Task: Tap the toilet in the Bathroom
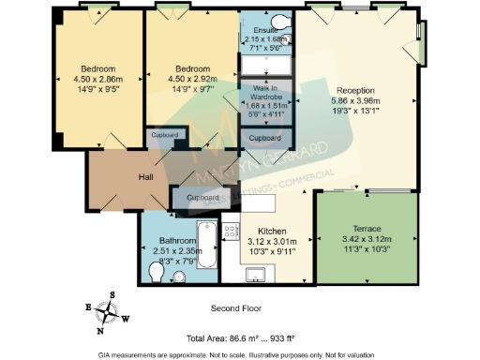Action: tap(157, 272)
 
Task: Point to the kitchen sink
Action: tap(254, 275)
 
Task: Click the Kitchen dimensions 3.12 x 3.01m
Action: tap(272, 241)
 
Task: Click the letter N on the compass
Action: tap(99, 331)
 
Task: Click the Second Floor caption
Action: tap(236, 307)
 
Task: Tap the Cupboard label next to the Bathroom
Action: tap(202, 198)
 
